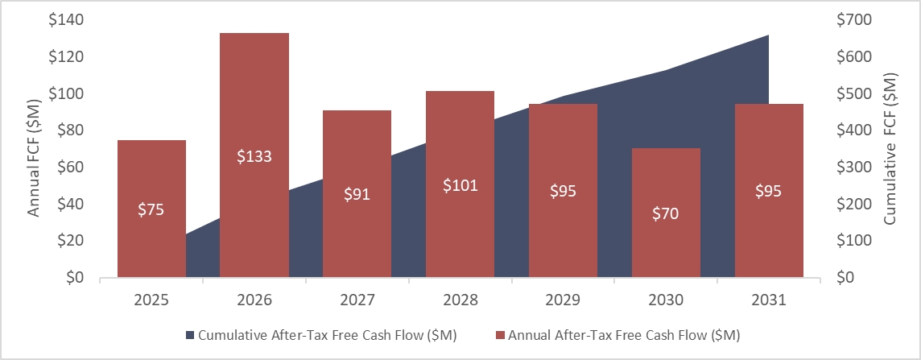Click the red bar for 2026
click(x=254, y=97)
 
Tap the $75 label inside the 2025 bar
click(x=151, y=209)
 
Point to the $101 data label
click(x=460, y=184)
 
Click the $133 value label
click(x=254, y=156)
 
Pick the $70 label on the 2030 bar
click(x=666, y=213)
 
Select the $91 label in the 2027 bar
click(x=357, y=194)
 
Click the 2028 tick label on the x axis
click(x=460, y=300)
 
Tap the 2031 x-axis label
click(x=769, y=300)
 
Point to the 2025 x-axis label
click(x=151, y=300)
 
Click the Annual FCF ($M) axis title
click(x=34, y=149)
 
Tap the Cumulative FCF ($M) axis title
click(x=890, y=149)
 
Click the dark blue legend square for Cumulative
click(x=190, y=334)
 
